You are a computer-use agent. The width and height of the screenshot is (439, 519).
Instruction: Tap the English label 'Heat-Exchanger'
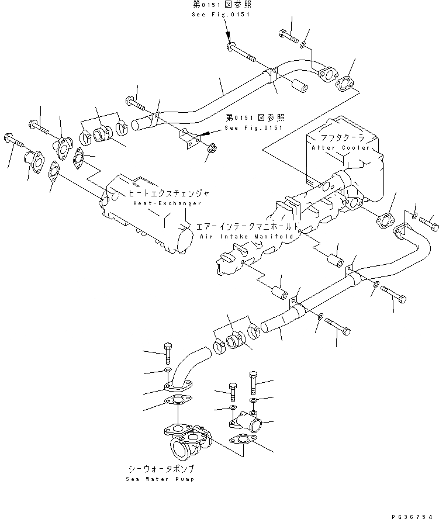(x=167, y=203)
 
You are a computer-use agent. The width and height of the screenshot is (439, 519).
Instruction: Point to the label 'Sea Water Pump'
(x=159, y=479)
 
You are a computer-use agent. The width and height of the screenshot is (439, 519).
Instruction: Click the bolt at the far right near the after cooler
(x=430, y=223)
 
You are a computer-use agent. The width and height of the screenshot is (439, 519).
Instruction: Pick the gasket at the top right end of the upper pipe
(x=347, y=85)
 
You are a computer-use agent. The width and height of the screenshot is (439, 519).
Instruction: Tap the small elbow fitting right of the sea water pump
(x=246, y=421)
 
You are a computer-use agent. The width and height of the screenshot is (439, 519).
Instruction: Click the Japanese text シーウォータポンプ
(x=160, y=469)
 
